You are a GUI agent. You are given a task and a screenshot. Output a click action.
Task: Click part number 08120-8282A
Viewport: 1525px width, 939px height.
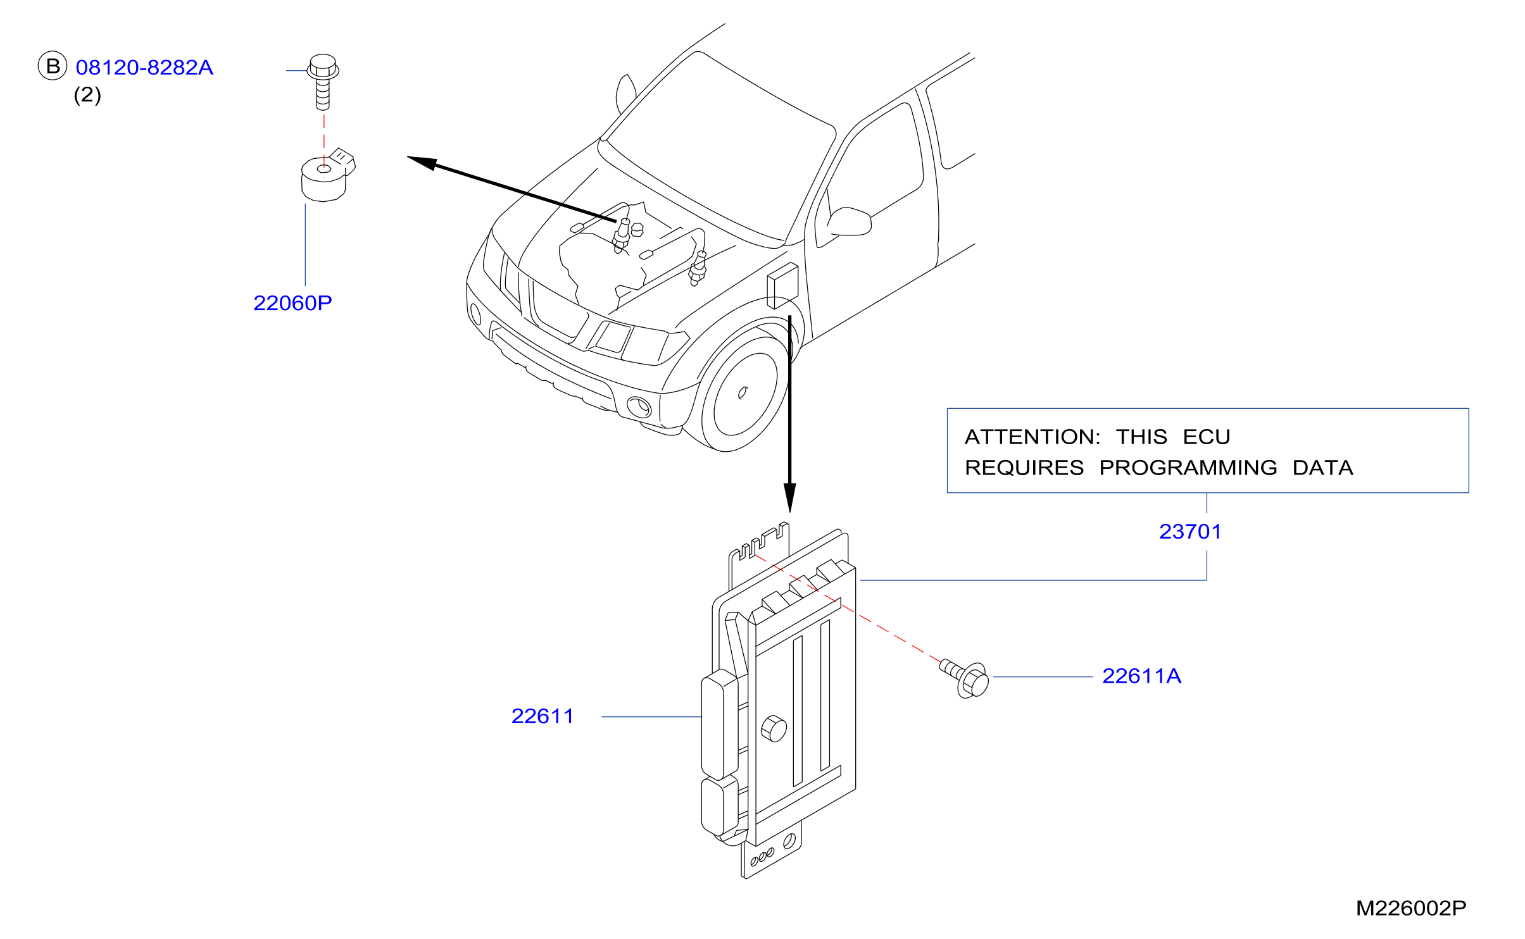pyautogui.click(x=144, y=68)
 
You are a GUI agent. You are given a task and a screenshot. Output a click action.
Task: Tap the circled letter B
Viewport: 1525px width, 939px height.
pyautogui.click(x=53, y=66)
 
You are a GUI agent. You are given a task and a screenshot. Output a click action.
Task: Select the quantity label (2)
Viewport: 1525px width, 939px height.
pyautogui.click(x=87, y=95)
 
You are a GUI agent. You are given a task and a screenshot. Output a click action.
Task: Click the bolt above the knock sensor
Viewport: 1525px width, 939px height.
pyautogui.click(x=323, y=82)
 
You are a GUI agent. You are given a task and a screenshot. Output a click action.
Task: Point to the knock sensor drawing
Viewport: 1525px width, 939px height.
pyautogui.click(x=327, y=175)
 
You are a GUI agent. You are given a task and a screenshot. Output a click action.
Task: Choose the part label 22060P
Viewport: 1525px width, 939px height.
pyautogui.click(x=292, y=303)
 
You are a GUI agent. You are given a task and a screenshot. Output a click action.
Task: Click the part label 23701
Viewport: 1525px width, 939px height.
pyautogui.click(x=1190, y=532)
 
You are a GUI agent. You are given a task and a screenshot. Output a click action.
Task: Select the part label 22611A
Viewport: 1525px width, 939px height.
pyautogui.click(x=1142, y=676)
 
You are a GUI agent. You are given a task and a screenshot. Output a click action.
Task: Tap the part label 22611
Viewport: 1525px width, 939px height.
pyautogui.click(x=543, y=716)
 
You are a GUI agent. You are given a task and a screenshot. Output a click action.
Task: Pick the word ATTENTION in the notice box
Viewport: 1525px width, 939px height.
pyautogui.click(x=1032, y=437)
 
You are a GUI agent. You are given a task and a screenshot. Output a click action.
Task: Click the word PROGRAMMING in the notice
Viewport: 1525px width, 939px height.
pyautogui.click(x=1188, y=468)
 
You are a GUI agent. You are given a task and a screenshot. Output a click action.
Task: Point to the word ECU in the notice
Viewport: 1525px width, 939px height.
pyautogui.click(x=1207, y=437)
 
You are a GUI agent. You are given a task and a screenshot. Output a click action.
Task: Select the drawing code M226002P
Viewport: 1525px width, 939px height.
pyautogui.click(x=1411, y=908)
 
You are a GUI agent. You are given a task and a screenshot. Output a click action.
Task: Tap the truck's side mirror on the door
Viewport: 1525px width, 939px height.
pyautogui.click(x=850, y=221)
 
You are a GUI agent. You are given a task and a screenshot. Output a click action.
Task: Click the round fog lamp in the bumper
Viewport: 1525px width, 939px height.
pyautogui.click(x=639, y=406)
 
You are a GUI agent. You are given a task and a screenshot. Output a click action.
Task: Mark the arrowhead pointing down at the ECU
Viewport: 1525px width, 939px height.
pyautogui.click(x=789, y=497)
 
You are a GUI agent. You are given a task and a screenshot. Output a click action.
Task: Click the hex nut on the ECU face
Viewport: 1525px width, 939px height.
pyautogui.click(x=774, y=728)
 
